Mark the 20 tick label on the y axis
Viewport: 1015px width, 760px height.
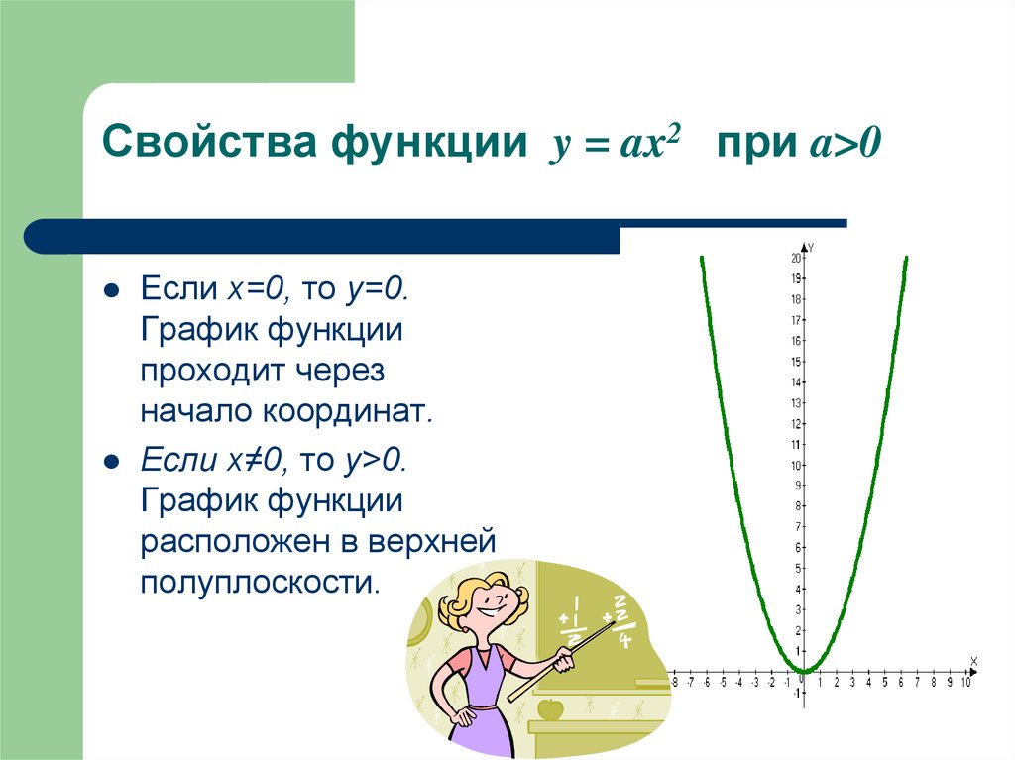click(x=795, y=259)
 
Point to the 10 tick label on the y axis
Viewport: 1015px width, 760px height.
click(x=795, y=466)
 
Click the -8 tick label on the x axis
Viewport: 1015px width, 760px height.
click(x=674, y=683)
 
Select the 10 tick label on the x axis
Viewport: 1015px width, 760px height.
click(x=966, y=683)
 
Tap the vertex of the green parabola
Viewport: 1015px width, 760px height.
click(x=804, y=671)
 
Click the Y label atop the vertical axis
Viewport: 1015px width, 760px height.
click(x=812, y=246)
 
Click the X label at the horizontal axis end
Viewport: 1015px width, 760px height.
click(x=973, y=661)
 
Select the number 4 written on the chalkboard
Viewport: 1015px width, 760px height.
click(x=624, y=639)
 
